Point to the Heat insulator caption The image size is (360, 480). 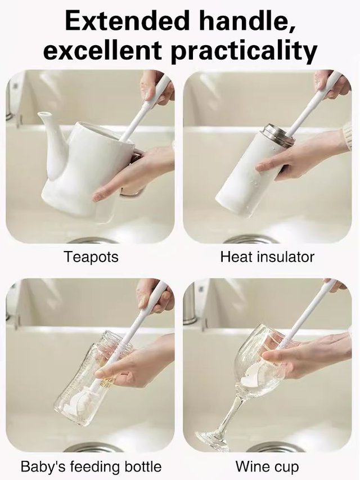click(x=267, y=257)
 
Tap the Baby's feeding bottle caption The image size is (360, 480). click(x=91, y=466)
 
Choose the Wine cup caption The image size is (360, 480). click(x=267, y=466)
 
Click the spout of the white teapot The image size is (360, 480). click(x=50, y=135)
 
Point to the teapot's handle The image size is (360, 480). click(x=134, y=174)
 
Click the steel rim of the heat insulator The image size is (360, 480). click(x=277, y=136)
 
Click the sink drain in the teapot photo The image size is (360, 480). click(x=93, y=240)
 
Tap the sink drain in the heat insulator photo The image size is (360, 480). click(x=259, y=240)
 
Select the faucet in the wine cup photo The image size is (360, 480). click(x=191, y=304)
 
